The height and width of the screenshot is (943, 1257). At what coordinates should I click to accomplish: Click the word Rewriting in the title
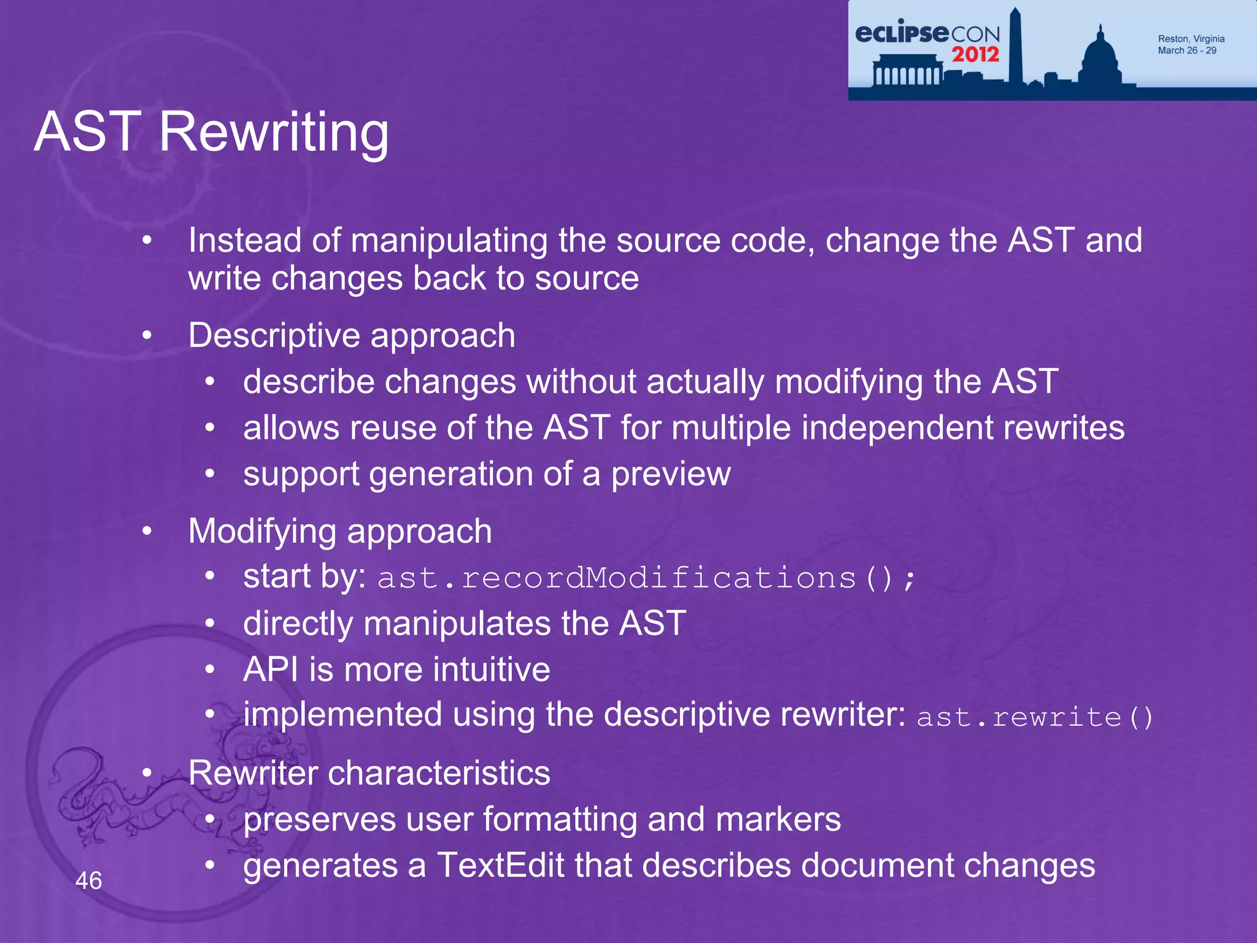click(x=274, y=132)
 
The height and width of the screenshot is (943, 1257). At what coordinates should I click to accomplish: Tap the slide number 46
click(x=88, y=880)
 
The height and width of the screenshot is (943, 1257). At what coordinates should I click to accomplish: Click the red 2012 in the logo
click(x=975, y=55)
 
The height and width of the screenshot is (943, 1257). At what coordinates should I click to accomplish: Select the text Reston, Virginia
click(x=1191, y=39)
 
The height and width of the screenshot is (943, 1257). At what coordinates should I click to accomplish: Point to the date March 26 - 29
click(x=1186, y=50)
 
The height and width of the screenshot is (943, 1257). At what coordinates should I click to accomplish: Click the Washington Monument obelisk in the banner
click(x=1016, y=49)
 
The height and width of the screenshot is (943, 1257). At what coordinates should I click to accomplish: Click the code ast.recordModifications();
click(x=646, y=578)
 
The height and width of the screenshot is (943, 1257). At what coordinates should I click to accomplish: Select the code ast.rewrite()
click(x=1035, y=717)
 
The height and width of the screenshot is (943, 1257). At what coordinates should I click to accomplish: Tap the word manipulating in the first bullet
click(x=449, y=240)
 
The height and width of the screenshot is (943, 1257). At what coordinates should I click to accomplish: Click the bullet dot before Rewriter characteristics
click(x=147, y=773)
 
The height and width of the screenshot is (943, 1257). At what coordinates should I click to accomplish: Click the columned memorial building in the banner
click(x=907, y=71)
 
